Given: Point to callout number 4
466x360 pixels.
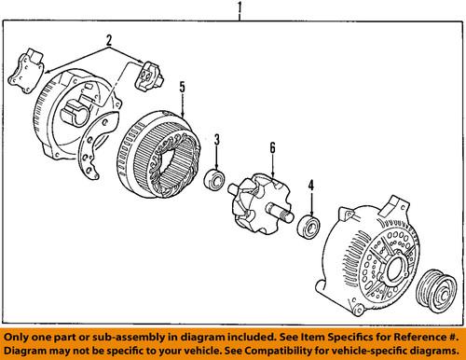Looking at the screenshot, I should point(311,186).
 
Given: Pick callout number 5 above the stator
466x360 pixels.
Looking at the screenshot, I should point(183,90).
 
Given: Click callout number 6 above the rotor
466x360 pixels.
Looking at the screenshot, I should point(271,146).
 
